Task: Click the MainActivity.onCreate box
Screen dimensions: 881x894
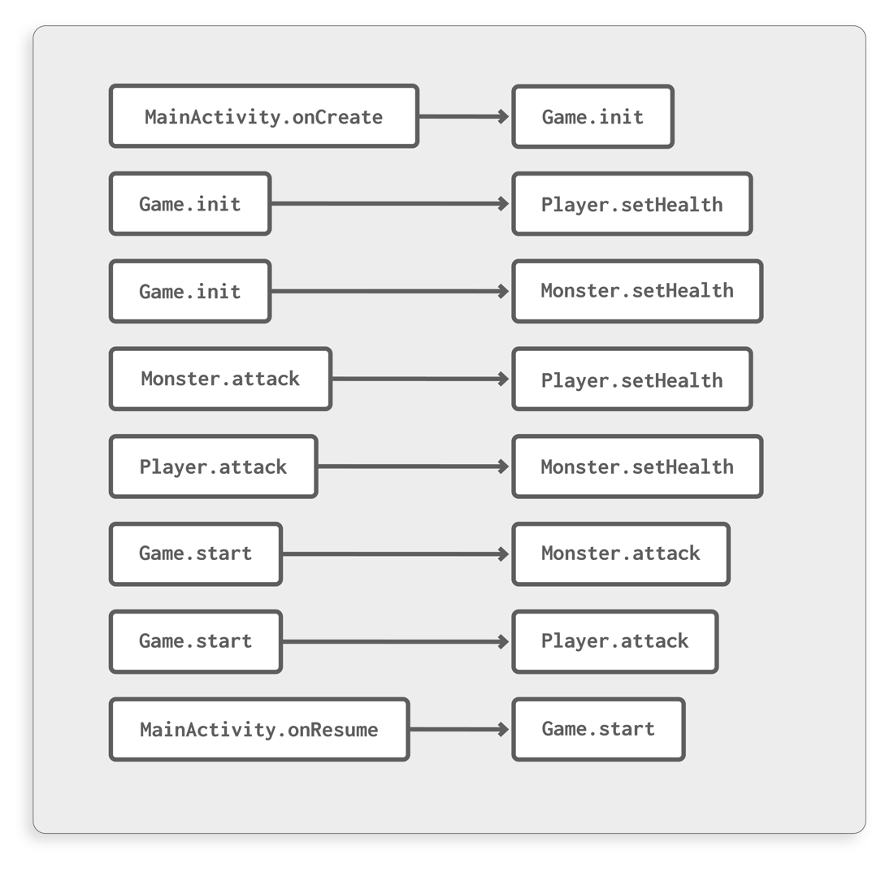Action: click(x=263, y=116)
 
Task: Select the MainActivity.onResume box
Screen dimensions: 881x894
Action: click(x=258, y=729)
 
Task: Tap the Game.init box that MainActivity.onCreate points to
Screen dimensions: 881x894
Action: click(x=592, y=116)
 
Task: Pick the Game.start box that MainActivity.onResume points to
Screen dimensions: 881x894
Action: click(x=598, y=729)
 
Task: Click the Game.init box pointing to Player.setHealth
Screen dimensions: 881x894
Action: click(x=189, y=203)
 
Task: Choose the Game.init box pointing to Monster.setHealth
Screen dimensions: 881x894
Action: click(x=189, y=291)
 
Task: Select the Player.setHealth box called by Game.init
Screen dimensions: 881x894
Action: click(x=631, y=203)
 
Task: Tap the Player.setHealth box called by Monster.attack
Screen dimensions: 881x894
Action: click(x=631, y=379)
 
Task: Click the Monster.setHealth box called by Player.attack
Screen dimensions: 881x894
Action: click(x=637, y=467)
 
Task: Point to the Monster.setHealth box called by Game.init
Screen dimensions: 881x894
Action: click(x=637, y=291)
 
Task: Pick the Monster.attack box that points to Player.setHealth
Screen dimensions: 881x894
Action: click(x=220, y=379)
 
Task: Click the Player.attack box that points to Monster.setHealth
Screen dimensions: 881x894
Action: click(x=213, y=467)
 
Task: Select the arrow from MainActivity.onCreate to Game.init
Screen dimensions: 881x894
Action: click(x=464, y=116)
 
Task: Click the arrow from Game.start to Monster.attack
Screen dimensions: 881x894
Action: click(x=396, y=554)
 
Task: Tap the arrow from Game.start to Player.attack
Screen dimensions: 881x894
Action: click(x=396, y=642)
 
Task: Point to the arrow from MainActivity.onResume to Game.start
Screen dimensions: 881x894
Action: click(x=459, y=729)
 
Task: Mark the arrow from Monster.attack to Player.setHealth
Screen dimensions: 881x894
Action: click(x=421, y=379)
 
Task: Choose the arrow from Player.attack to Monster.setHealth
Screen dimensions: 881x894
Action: click(x=414, y=467)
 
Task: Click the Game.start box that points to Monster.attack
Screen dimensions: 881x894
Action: click(x=195, y=554)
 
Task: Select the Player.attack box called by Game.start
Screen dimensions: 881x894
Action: click(x=614, y=642)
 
